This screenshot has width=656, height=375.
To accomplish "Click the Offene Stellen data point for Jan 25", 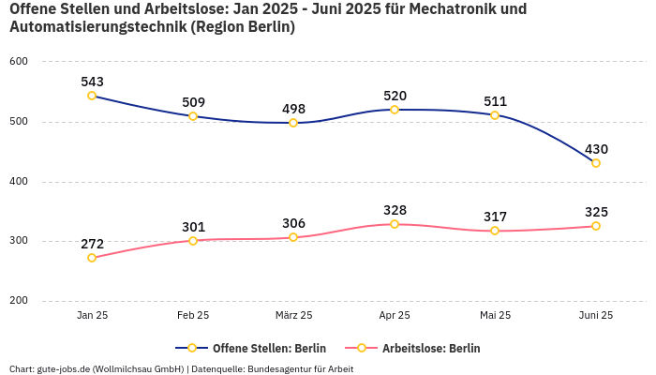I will click(92, 96).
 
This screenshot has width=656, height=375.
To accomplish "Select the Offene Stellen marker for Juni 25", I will click(596, 163).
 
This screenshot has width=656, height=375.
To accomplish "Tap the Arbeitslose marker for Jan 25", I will click(92, 258).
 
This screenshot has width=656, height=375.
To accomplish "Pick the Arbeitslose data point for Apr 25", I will click(395, 224).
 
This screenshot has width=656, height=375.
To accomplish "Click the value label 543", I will click(92, 82).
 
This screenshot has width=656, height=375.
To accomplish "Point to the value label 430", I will click(596, 149).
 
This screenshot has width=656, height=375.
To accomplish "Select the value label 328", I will click(395, 210).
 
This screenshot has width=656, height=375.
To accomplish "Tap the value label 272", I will click(92, 244).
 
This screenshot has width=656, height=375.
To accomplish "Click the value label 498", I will click(293, 109).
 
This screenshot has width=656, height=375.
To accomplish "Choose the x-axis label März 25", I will click(293, 315).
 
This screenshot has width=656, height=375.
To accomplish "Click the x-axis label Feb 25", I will click(193, 315).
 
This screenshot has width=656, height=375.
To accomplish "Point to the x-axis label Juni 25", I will click(594, 315).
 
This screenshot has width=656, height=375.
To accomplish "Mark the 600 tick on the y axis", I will click(19, 62).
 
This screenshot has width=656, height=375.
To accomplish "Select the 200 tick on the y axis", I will click(19, 301).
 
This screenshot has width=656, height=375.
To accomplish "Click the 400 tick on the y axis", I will click(19, 182).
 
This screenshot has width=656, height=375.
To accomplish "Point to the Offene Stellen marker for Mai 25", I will click(495, 115).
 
